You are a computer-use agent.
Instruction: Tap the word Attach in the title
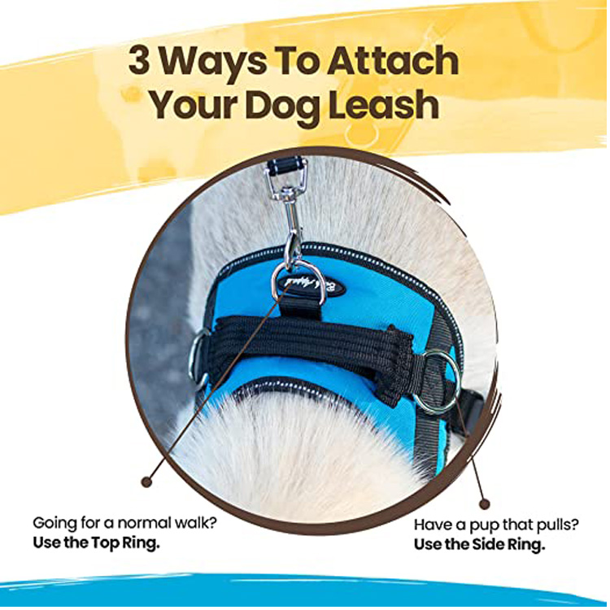pos(393,61)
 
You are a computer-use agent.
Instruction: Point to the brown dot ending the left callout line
pos(146,482)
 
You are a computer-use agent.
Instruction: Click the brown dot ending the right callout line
pos(484,504)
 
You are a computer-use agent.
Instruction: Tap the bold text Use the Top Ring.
pos(97,543)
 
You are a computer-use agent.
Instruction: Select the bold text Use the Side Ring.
pos(479,545)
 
